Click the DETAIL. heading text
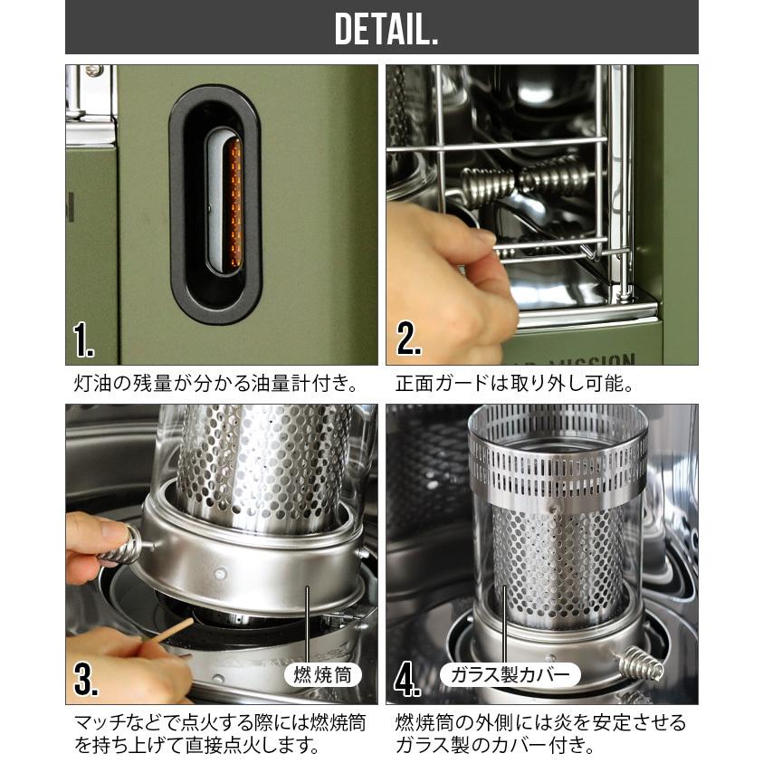tap(386, 29)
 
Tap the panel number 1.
tap(82, 339)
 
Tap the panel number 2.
tap(408, 339)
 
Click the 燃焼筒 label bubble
tap(322, 675)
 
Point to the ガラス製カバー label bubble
tap(510, 674)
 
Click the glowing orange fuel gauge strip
tap(235, 202)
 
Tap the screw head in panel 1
tap(93, 71)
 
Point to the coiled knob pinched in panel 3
tap(119, 546)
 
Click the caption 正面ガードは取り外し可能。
tap(515, 384)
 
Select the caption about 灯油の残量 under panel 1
tap(217, 384)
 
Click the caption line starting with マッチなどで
tap(219, 722)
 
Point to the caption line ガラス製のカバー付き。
tap(495, 745)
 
